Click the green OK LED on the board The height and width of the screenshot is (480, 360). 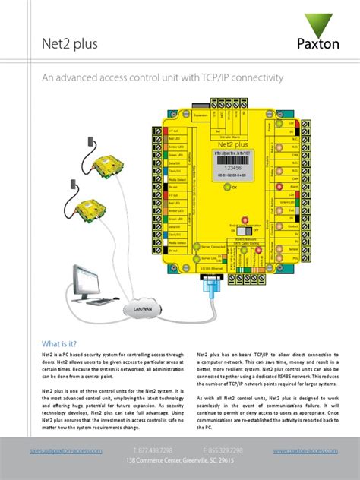(226, 186)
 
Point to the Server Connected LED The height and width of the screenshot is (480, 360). (194, 247)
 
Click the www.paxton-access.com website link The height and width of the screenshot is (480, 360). (305, 450)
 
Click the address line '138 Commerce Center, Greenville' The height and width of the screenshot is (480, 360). (179, 461)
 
